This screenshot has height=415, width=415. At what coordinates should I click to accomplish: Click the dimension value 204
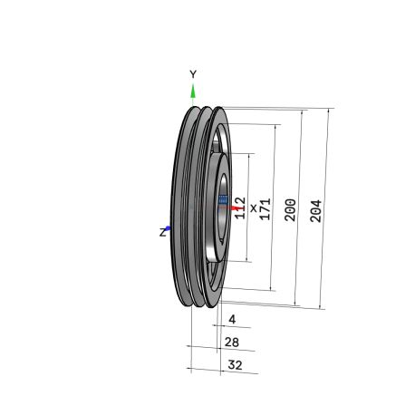316,211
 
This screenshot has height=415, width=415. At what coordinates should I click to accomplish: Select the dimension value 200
290,210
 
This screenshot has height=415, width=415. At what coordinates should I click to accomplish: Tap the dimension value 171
265,209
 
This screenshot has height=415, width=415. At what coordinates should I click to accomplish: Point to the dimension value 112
240,207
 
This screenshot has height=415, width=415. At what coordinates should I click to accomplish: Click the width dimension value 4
232,319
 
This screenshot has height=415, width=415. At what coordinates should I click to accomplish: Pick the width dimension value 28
232,343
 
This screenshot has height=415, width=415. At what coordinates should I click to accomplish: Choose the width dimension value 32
235,365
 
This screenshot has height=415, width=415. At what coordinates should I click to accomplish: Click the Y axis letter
193,74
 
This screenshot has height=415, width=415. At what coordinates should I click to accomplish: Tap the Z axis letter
163,233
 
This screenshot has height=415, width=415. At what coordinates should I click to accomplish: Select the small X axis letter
254,208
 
